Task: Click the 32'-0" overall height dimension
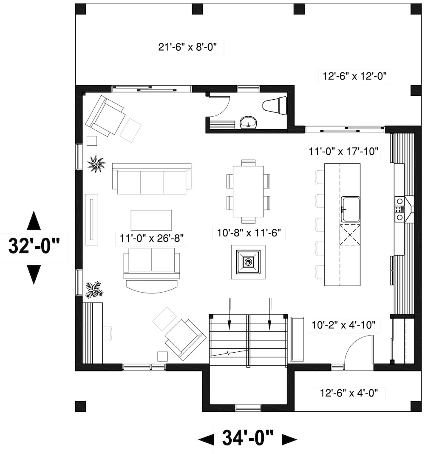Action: click(x=34, y=246)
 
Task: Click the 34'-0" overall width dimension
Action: click(x=248, y=438)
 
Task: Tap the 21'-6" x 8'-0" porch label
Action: click(x=187, y=47)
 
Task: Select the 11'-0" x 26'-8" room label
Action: click(x=151, y=238)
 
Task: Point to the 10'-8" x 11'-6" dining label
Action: click(x=248, y=233)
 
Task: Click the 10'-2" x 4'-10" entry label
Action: click(x=343, y=326)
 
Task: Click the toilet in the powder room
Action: click(x=275, y=105)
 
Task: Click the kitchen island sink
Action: click(x=350, y=209)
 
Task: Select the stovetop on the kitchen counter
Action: click(x=399, y=209)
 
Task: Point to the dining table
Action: click(x=248, y=191)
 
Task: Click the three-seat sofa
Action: click(x=151, y=178)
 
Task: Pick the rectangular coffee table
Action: click(x=151, y=220)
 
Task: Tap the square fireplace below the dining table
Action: click(x=248, y=261)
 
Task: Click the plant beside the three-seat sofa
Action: click(x=96, y=163)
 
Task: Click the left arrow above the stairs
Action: click(x=229, y=315)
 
